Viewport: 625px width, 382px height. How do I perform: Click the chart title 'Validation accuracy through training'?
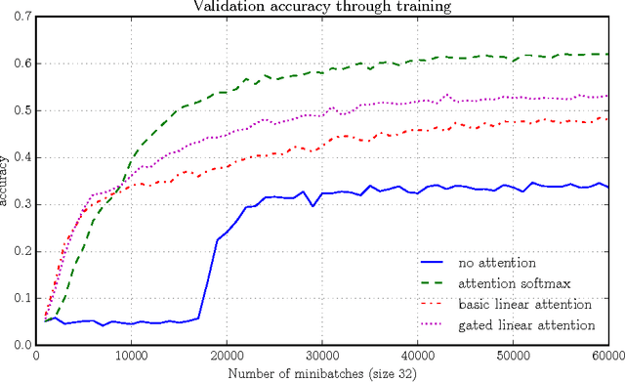[x=322, y=7]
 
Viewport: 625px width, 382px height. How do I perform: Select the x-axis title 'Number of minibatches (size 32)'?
[x=322, y=372]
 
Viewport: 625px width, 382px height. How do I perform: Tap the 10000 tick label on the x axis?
[x=131, y=357]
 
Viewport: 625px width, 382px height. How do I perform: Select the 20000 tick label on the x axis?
[x=226, y=357]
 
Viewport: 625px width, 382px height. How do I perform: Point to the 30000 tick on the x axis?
[x=321, y=357]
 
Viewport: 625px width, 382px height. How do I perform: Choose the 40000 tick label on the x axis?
[x=416, y=357]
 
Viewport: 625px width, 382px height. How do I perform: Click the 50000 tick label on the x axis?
[x=511, y=357]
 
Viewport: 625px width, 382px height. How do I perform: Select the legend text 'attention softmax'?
[x=508, y=284]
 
